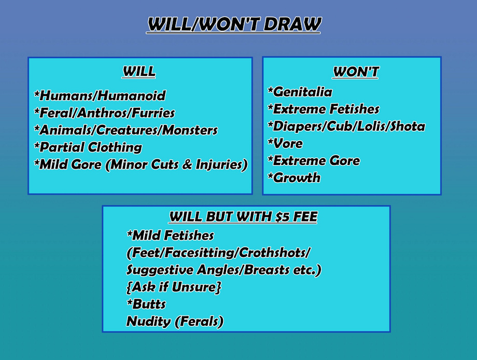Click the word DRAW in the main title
(x=292, y=24)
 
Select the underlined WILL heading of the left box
(x=139, y=72)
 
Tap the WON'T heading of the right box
(x=355, y=72)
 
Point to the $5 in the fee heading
(x=282, y=217)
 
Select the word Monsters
(x=190, y=130)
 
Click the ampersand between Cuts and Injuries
(x=187, y=164)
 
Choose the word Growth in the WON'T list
(x=297, y=178)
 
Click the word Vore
(x=288, y=143)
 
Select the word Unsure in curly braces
(x=194, y=287)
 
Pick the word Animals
(x=66, y=130)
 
